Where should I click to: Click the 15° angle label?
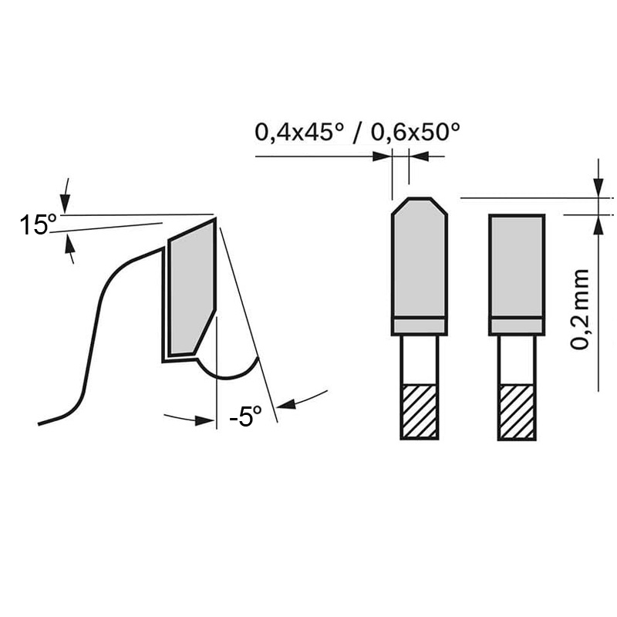pyautogui.click(x=37, y=226)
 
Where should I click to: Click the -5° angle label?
pyautogui.click(x=246, y=417)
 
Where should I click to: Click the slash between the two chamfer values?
pyautogui.click(x=357, y=133)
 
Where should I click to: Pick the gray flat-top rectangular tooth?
pyautogui.click(x=517, y=266)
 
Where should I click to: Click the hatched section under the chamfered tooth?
pyautogui.click(x=420, y=411)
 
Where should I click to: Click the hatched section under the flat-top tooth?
pyautogui.click(x=517, y=411)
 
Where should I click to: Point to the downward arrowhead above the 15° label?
pyautogui.click(x=66, y=204)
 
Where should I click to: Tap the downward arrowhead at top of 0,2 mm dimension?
pyautogui.click(x=598, y=187)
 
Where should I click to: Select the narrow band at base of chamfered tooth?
pyautogui.click(x=419, y=326)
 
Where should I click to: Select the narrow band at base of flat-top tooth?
pyautogui.click(x=517, y=326)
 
